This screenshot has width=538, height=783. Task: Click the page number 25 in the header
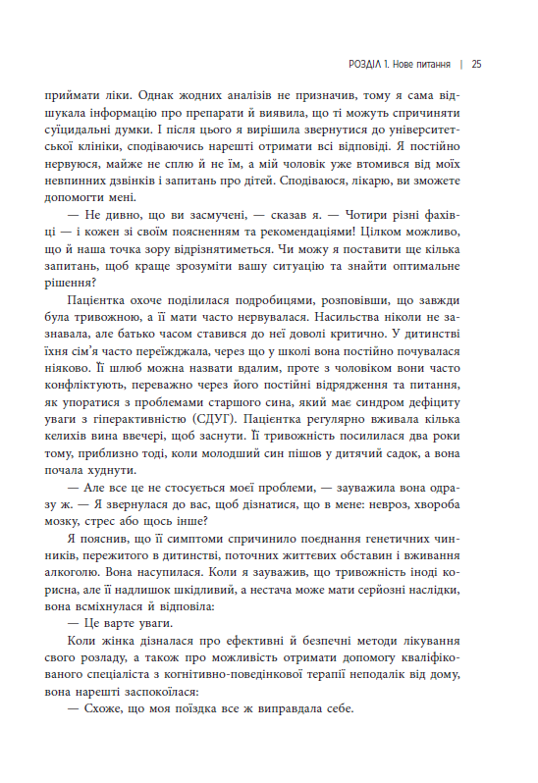coord(476,65)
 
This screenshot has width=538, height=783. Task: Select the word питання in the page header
coord(427,65)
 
